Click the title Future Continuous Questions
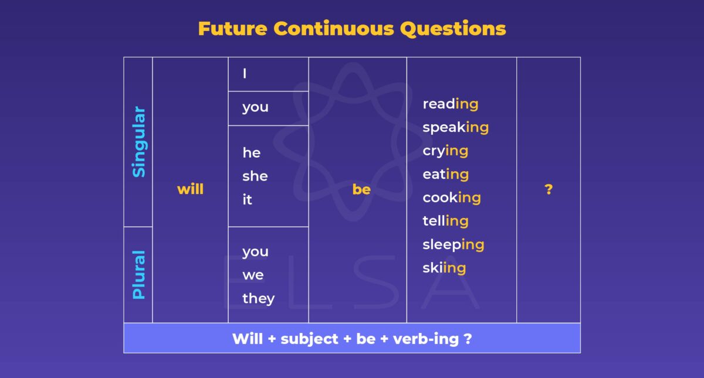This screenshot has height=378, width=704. [352, 28]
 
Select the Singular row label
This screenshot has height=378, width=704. [138, 141]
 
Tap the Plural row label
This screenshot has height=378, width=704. [138, 275]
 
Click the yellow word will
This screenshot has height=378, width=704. [190, 189]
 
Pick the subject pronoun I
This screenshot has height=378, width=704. [245, 74]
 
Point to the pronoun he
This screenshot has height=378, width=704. [252, 153]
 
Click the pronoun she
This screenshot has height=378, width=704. [255, 176]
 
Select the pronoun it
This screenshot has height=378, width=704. [247, 200]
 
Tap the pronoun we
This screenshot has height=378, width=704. [253, 275]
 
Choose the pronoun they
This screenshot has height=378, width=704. [258, 298]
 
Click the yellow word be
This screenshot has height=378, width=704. [361, 189]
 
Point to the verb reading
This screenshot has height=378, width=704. [450, 104]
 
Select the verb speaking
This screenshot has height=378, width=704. [455, 128]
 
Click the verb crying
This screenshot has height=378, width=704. [445, 151]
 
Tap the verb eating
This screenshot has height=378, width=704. [445, 174]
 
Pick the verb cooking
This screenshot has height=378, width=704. [452, 197]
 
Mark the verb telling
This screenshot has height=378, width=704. [445, 221]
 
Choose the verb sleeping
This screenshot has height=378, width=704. [453, 244]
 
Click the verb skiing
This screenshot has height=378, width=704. [444, 268]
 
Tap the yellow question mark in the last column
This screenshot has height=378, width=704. [549, 189]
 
